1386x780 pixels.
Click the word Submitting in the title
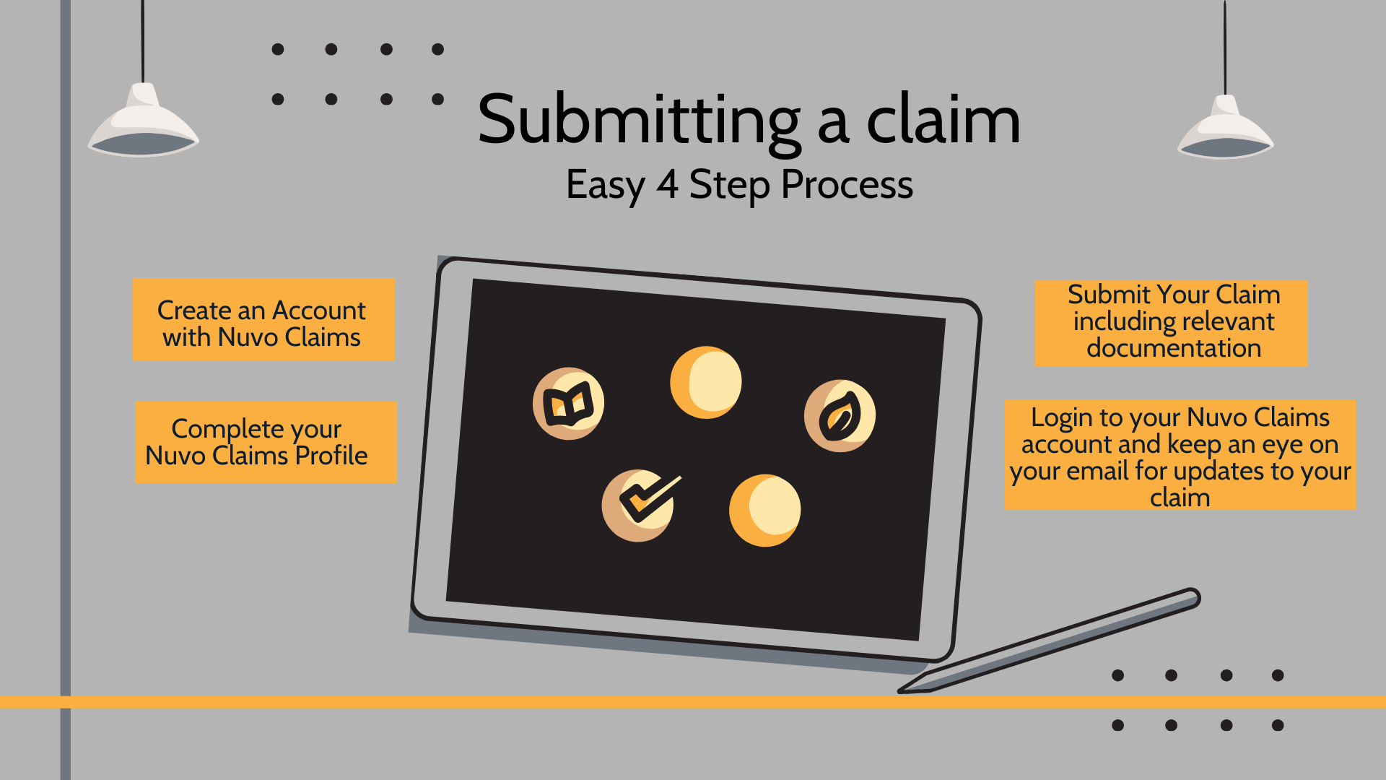639,121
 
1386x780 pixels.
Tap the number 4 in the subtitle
667,184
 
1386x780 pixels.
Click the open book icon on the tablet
569,404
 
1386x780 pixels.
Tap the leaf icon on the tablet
840,416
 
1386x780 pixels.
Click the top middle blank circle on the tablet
705,382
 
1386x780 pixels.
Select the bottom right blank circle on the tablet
764,510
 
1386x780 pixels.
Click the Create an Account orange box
263,319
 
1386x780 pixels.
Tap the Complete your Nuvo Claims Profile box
266,442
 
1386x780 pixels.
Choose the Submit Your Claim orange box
1170,323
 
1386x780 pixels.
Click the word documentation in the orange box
1174,348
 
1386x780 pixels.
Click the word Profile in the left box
331,456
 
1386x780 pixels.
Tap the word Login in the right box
1061,417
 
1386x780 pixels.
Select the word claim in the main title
943,121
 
